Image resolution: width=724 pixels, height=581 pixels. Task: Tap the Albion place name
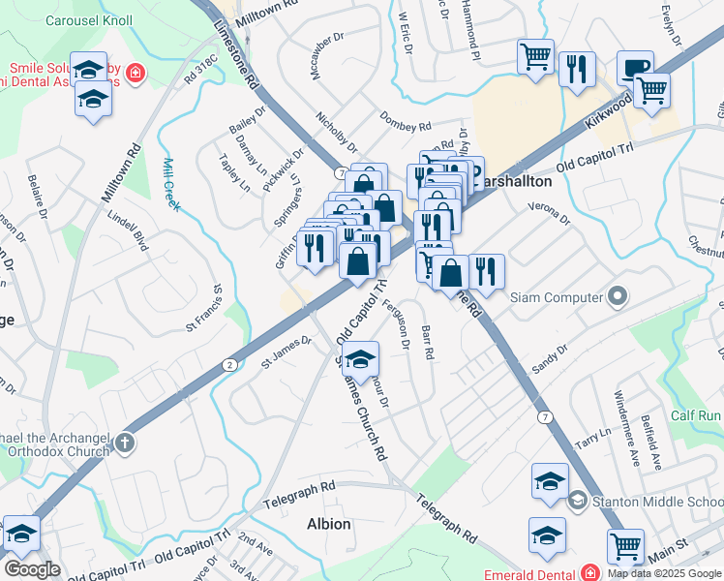[x=328, y=524]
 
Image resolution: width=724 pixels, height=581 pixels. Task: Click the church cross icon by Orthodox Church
[x=123, y=444]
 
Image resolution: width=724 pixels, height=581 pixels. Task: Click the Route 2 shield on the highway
[x=228, y=364]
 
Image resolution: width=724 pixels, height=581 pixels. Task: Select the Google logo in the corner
[x=32, y=569]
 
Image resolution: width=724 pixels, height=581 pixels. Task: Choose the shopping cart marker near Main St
[x=626, y=547]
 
